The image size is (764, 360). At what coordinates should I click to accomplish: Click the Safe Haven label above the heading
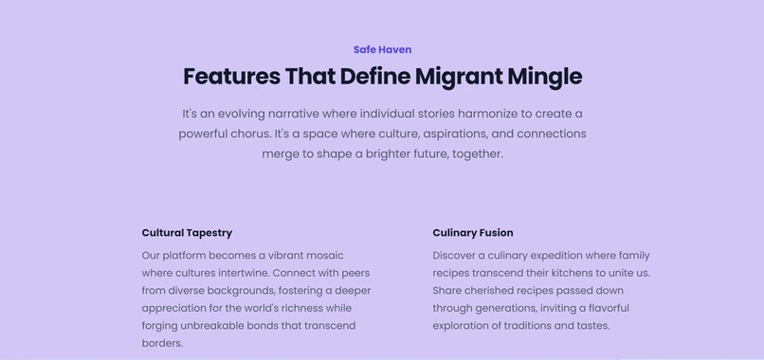click(382, 49)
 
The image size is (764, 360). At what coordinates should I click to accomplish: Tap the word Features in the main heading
click(230, 76)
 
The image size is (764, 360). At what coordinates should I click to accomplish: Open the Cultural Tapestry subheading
click(187, 232)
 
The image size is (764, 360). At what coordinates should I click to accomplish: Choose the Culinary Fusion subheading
click(472, 232)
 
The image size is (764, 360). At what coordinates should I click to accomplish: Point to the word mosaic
click(320, 256)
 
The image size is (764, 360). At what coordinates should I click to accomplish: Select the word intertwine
click(235, 273)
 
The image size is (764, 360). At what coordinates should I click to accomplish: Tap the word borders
click(162, 343)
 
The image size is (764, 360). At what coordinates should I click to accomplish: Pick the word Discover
click(455, 256)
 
